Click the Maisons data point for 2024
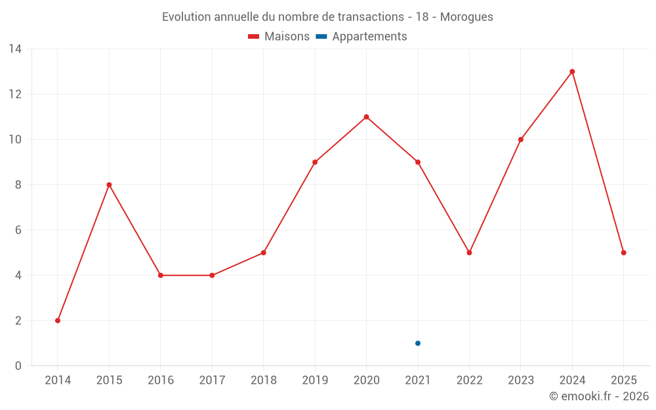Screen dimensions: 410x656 coord(572,72)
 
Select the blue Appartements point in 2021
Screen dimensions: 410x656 coord(418,343)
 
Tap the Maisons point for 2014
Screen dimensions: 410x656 coord(58,321)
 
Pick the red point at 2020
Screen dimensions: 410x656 coord(367,117)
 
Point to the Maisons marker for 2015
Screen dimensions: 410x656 coord(109,185)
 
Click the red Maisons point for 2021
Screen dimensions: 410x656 coord(418,162)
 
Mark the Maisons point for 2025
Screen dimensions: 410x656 coord(624,253)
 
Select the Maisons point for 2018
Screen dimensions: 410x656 coord(264,253)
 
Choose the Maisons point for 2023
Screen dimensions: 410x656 coord(521,140)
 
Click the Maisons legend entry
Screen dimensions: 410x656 coord(279,37)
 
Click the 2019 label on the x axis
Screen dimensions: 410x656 coord(315,380)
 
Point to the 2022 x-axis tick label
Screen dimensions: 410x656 coord(470,380)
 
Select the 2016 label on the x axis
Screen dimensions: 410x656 coord(161,380)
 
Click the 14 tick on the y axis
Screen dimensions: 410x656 coord(15,49)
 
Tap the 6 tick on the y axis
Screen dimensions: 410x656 coord(18,230)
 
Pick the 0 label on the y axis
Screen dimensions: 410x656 coord(18,366)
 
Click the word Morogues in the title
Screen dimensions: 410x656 coord(466,17)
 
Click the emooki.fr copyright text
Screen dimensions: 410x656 coord(599,396)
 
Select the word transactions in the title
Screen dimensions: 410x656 coord(368,17)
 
